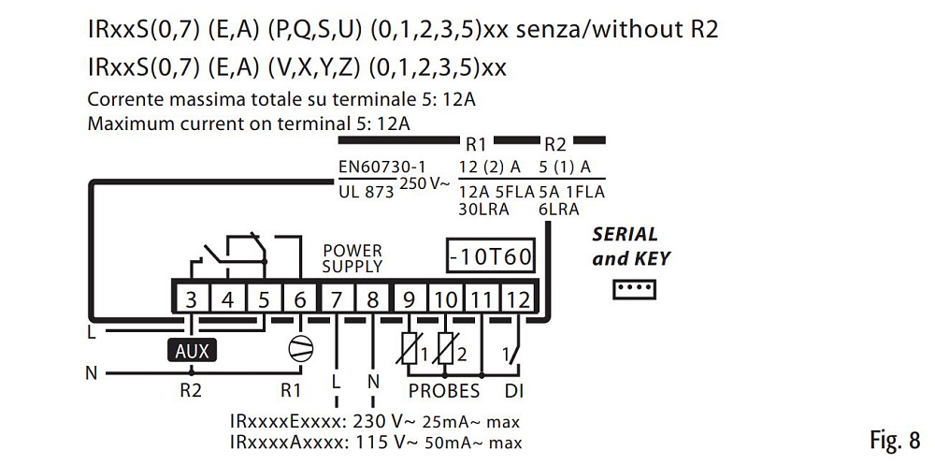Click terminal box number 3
point(192,299)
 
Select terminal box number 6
point(299,299)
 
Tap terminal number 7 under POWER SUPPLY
point(337,299)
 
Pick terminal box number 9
point(409,299)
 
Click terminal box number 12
point(517,299)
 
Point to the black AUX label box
point(192,351)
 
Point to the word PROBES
point(443,391)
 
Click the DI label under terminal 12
point(514,391)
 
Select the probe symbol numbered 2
point(446,351)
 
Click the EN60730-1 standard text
point(374,167)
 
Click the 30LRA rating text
point(482,210)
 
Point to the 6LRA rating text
point(557,210)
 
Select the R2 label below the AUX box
point(191,391)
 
